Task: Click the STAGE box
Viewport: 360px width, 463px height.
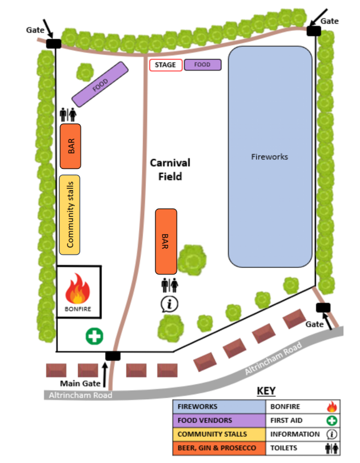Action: [x=166, y=65]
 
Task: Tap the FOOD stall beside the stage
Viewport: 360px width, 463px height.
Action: [x=202, y=65]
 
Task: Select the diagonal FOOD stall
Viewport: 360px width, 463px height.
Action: [x=100, y=84]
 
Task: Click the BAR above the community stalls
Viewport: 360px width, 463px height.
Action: [x=70, y=146]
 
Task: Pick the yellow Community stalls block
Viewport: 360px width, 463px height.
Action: [x=70, y=215]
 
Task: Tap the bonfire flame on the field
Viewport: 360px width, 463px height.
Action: [x=78, y=288]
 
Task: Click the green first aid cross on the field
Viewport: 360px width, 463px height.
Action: [x=95, y=336]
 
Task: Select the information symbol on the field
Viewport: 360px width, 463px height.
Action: [x=169, y=304]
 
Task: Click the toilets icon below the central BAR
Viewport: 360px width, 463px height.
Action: [x=170, y=285]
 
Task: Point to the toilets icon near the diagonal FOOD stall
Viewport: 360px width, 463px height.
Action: [x=68, y=115]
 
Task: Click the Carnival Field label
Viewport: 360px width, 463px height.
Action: [x=170, y=170]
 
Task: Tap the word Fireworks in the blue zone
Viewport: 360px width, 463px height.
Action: [x=270, y=156]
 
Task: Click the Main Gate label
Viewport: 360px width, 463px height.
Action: [x=80, y=383]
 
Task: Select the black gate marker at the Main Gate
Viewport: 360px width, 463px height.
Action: [x=113, y=356]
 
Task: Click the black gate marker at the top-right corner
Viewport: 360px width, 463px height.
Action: [x=314, y=31]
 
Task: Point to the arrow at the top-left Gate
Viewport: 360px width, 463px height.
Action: [x=48, y=29]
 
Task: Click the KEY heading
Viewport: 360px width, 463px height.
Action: [x=266, y=391]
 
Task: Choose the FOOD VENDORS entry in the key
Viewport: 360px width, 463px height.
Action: [x=205, y=420]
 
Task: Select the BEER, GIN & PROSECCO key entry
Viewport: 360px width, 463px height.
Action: [x=217, y=448]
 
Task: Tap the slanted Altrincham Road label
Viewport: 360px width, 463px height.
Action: [x=273, y=358]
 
